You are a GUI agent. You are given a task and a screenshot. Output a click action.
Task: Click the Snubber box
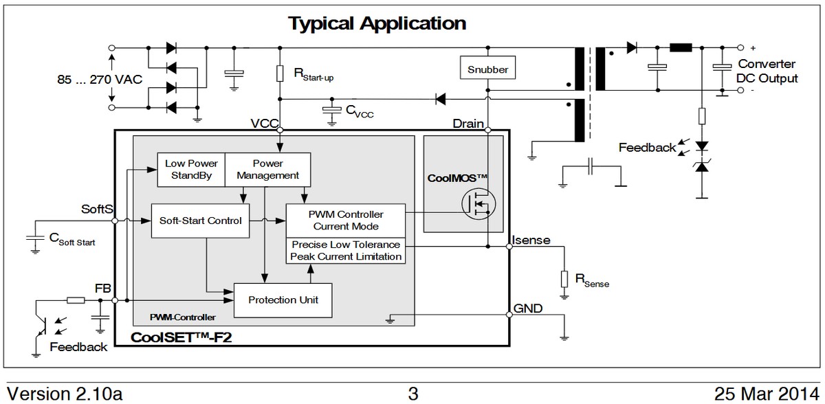click(487, 69)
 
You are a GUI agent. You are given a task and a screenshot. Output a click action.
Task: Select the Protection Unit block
click(283, 300)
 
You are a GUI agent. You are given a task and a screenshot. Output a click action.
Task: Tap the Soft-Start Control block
click(200, 221)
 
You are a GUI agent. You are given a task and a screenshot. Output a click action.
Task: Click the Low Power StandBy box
click(191, 169)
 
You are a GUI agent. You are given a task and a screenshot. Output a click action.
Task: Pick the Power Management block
click(267, 169)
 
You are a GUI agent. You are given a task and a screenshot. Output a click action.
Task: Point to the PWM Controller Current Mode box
click(345, 220)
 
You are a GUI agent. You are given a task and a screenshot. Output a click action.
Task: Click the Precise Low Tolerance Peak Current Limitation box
click(345, 250)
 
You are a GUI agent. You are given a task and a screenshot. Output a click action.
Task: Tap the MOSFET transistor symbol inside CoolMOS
click(478, 205)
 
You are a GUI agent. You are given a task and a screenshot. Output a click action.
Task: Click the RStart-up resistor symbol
click(280, 74)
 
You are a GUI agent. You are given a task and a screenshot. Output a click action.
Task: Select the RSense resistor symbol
click(564, 278)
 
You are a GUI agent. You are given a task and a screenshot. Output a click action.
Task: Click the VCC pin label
click(265, 124)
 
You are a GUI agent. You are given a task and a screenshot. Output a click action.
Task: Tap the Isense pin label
click(531, 239)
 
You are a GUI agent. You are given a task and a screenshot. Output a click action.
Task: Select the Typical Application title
click(377, 23)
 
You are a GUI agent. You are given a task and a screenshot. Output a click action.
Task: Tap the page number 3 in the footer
click(412, 394)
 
